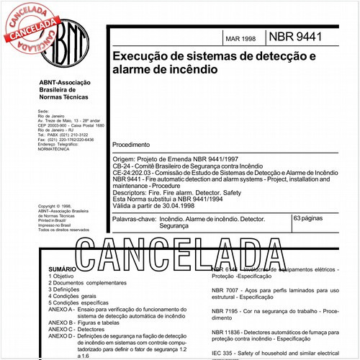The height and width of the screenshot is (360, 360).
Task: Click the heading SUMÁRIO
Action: [62, 268]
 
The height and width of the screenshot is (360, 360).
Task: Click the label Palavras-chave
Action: [137, 218]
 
